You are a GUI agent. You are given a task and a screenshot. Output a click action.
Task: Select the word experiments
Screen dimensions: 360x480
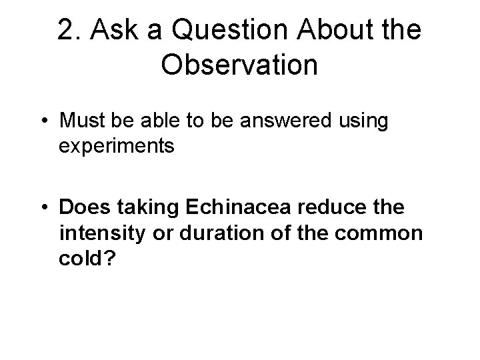tap(117, 145)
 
